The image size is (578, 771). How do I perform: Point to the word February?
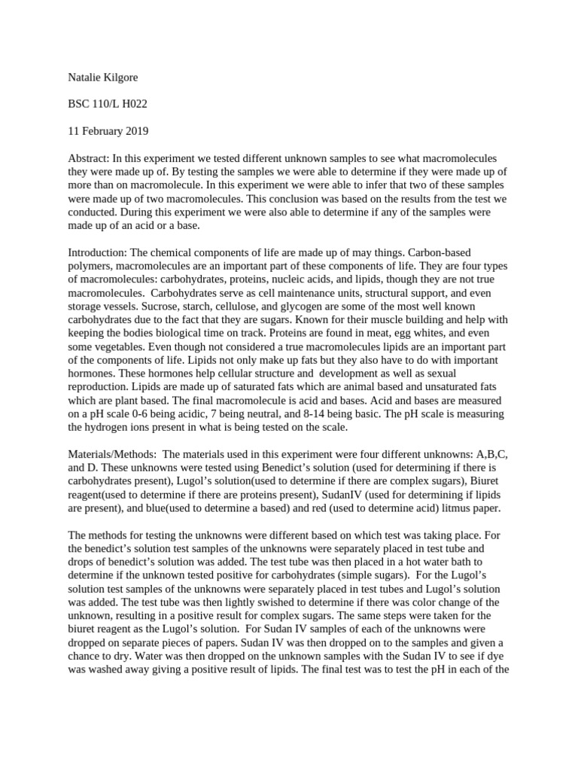pos(102,132)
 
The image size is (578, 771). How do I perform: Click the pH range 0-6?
pos(141,415)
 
